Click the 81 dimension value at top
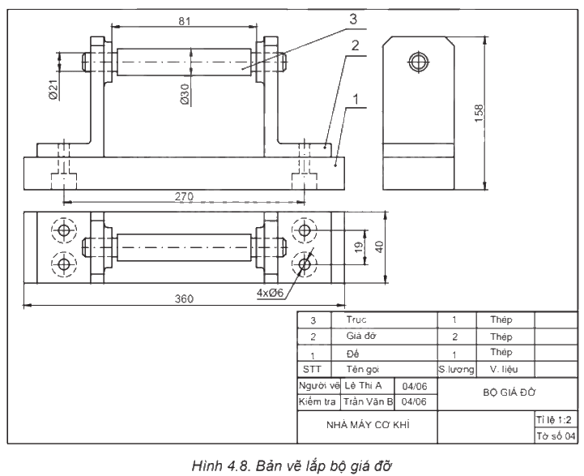tap(185, 21)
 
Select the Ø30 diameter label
tap(185, 94)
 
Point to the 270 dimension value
tap(185, 196)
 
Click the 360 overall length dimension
tap(184, 298)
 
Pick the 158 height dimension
tap(479, 113)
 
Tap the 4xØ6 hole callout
tap(270, 293)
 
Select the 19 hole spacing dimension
tap(359, 247)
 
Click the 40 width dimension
tap(379, 247)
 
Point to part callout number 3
tap(352, 19)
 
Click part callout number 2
tap(355, 45)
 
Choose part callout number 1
tap(356, 99)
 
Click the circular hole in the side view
tap(419, 62)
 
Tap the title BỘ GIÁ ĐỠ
tap(509, 392)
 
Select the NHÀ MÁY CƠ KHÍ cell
tap(368, 425)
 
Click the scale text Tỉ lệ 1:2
tap(554, 420)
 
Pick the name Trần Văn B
tap(368, 401)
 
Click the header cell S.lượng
tap(456, 370)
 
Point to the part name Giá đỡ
tap(361, 336)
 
